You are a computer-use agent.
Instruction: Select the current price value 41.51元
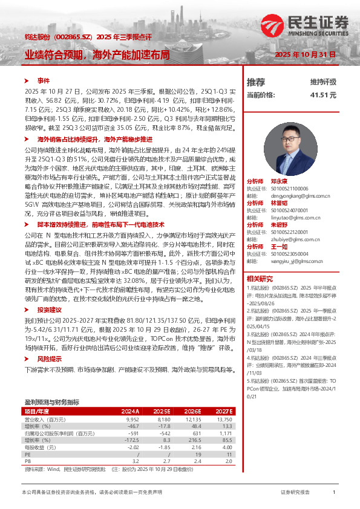323,95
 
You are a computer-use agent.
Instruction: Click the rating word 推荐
256,82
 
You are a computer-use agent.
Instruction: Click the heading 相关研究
260,279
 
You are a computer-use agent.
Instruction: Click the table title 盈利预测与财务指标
51,385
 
